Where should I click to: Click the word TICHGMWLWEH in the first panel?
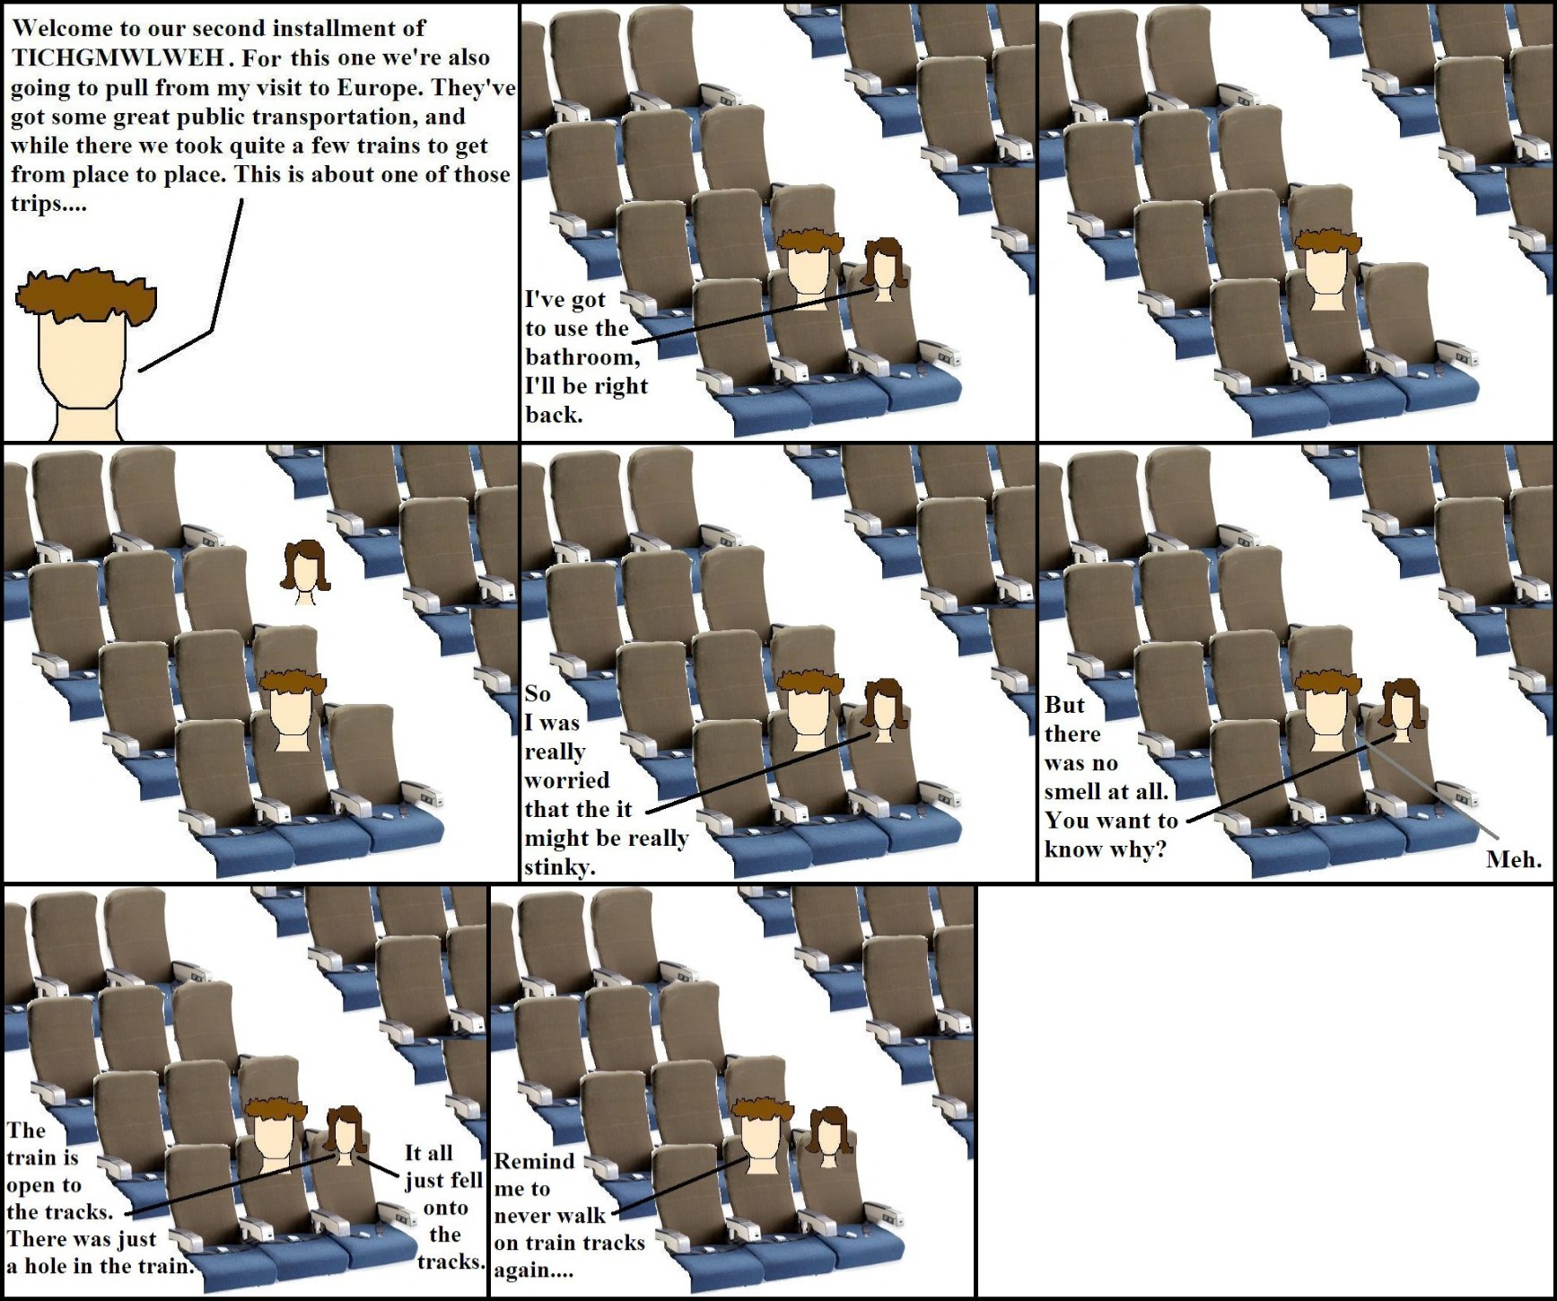coord(118,57)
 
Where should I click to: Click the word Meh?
coord(1514,859)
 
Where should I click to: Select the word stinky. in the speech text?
coord(560,867)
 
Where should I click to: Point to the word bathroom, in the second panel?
coord(582,357)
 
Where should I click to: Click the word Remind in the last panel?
coord(534,1161)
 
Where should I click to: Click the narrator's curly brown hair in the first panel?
coord(86,295)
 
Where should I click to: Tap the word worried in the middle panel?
coord(567,780)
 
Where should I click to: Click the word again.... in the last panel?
coord(533,1270)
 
